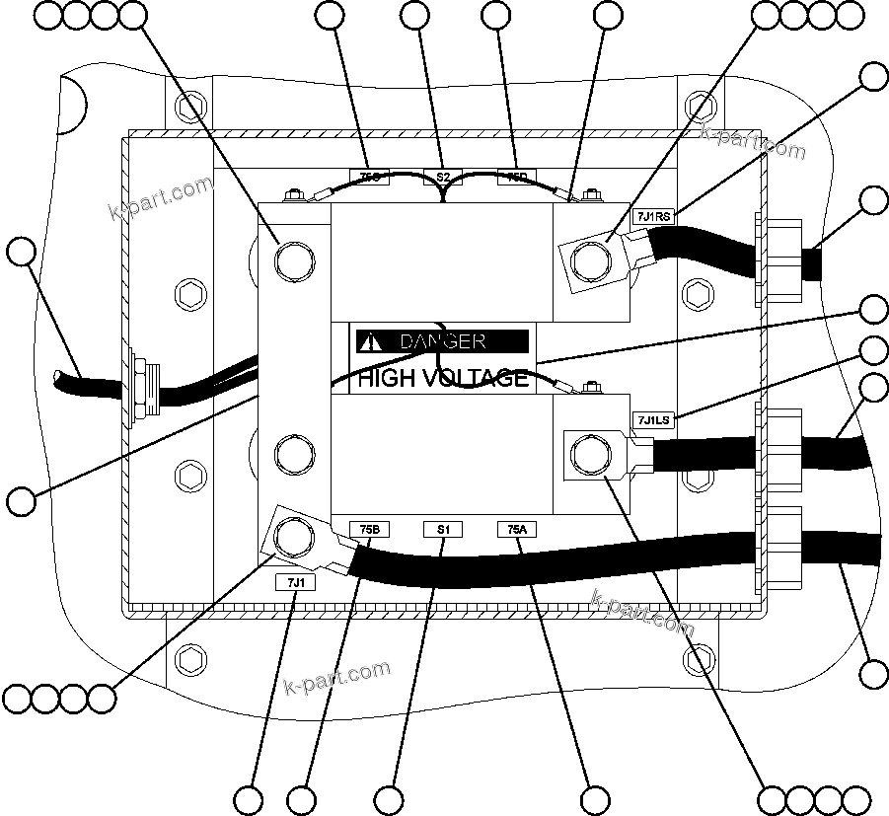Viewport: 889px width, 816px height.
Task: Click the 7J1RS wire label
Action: pos(653,216)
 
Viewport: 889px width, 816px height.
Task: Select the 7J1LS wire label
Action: pos(652,419)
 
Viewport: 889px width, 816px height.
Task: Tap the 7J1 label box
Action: pos(295,582)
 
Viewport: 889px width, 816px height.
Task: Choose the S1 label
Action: pos(443,530)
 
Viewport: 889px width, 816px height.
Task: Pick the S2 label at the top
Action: pos(443,177)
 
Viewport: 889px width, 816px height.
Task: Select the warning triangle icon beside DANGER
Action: pos(370,341)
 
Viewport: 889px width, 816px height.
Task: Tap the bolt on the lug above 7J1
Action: pos(294,537)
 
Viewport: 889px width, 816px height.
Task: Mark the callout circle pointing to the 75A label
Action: pos(595,798)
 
